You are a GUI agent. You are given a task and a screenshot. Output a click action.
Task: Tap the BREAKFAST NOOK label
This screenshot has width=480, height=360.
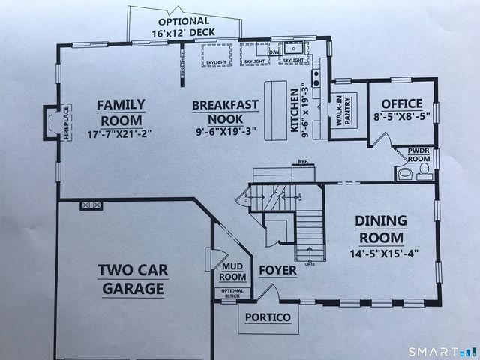pos(226,112)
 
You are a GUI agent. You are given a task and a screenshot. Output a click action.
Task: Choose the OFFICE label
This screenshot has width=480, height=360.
pos(402,103)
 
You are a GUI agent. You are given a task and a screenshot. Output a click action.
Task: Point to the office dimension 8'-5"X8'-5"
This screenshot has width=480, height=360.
pos(402,117)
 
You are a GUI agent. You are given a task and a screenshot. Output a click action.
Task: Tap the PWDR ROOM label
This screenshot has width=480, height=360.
pos(418,154)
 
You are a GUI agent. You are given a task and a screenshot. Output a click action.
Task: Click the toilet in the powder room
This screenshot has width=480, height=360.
pos(424,172)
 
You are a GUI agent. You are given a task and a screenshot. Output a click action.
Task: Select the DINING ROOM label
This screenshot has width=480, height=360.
pos(381,229)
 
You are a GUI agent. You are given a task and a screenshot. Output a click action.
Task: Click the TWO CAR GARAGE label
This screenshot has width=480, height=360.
pos(131,278)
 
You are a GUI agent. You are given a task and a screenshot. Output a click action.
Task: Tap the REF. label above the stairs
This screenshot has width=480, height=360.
pos(303,160)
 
